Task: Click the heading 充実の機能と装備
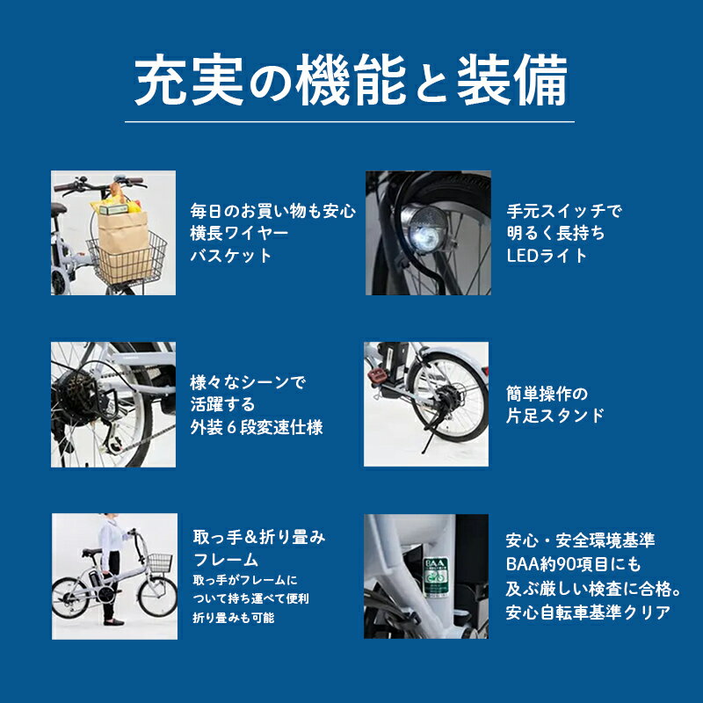[351, 80]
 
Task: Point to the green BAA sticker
[435, 577]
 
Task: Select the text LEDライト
[547, 256]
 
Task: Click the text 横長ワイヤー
[239, 233]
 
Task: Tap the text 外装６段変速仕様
[257, 427]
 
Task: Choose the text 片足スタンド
[555, 416]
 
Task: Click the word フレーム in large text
[226, 560]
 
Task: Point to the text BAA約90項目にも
[574, 564]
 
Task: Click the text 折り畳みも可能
[234, 618]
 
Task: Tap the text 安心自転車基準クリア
[588, 612]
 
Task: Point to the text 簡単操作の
[547, 394]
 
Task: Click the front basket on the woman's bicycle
[160, 562]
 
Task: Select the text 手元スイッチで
[564, 211]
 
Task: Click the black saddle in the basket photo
[58, 208]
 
